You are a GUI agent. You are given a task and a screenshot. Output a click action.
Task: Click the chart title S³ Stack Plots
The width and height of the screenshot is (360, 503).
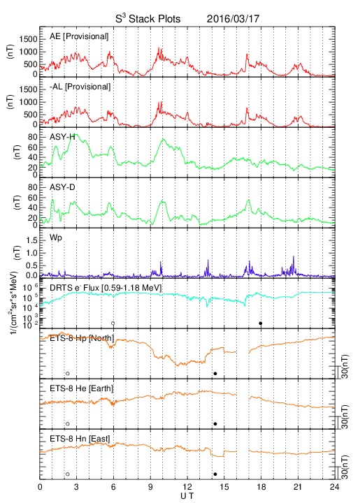[148, 18]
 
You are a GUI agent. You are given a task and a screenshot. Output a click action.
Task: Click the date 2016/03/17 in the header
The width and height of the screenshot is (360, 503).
[233, 19]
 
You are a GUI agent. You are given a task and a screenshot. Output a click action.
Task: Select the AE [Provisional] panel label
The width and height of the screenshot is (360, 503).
[79, 36]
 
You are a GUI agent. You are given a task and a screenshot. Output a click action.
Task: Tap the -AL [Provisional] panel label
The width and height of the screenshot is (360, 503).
[80, 87]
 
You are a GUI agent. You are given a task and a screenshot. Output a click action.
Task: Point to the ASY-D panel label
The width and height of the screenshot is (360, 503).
[62, 187]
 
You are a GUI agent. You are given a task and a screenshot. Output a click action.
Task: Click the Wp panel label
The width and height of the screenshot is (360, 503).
[55, 238]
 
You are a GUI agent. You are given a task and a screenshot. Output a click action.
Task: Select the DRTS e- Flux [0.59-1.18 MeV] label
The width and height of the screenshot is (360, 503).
[106, 288]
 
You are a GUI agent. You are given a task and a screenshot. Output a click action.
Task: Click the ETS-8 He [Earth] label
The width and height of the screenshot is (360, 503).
[82, 388]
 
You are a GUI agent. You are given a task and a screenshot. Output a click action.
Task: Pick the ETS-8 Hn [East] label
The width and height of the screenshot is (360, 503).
[80, 439]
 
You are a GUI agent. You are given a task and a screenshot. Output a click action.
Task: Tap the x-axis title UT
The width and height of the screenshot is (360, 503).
[187, 496]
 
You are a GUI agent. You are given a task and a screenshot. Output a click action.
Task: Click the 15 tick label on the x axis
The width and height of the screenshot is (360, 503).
[224, 487]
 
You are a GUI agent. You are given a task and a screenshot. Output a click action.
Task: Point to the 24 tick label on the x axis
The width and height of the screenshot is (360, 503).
[334, 487]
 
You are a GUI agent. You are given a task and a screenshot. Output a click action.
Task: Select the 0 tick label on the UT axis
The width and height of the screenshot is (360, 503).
[40, 487]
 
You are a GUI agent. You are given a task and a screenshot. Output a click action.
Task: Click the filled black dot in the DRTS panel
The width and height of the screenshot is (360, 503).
[261, 323]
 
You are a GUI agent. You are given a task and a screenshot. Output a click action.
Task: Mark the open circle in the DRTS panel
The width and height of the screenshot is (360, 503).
[113, 323]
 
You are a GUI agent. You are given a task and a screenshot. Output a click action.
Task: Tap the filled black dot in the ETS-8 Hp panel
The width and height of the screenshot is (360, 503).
[215, 373]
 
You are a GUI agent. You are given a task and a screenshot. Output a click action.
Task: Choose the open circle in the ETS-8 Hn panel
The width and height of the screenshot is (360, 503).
[68, 474]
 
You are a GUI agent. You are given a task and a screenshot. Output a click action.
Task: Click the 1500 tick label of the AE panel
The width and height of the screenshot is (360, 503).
[28, 39]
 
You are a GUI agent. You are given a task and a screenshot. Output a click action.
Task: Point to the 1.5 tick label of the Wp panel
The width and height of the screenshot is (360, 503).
[31, 241]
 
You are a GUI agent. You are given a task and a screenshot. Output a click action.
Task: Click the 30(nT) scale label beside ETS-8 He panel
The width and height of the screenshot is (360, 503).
[345, 416]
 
